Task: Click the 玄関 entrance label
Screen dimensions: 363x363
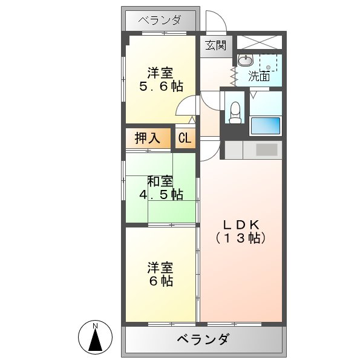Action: (215, 45)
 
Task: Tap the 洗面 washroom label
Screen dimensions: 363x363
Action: (260, 77)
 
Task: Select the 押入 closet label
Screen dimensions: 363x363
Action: (147, 138)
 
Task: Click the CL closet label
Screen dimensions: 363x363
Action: (185, 138)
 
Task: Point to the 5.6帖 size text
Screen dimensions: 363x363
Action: (160, 87)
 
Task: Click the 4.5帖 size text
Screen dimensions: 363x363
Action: (160, 195)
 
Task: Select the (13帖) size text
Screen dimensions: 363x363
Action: (240, 238)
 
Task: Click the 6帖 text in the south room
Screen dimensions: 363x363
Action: (160, 281)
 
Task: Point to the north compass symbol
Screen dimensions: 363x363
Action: (96, 337)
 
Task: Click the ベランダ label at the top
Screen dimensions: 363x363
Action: (160, 21)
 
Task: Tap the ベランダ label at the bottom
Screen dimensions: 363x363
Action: (203, 339)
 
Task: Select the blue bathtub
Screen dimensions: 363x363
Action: (265, 126)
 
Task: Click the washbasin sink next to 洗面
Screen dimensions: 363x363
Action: (245, 60)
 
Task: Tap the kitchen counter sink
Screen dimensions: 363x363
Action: (266, 149)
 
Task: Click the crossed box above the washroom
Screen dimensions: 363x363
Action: (258, 42)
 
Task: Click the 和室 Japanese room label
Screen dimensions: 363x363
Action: (160, 181)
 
